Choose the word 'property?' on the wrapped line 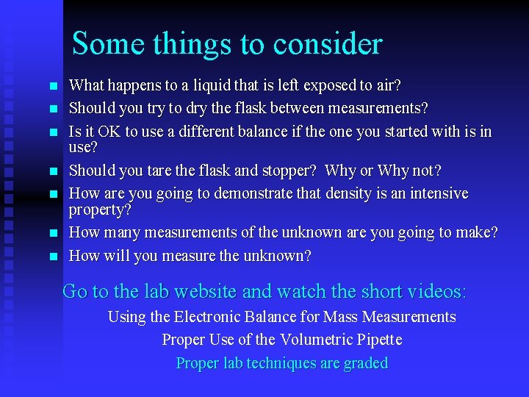(x=100, y=210)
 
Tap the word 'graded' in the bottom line (x=364, y=363)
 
